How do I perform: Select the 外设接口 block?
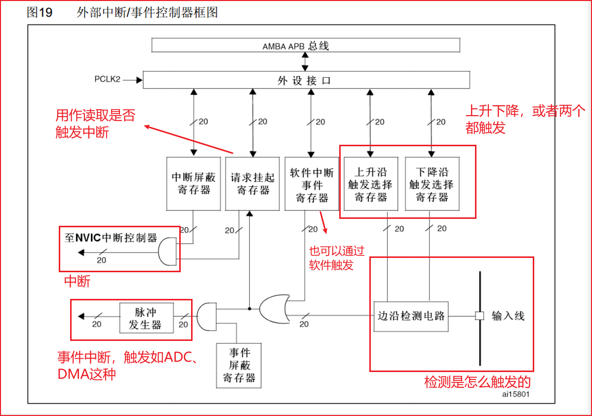(x=306, y=80)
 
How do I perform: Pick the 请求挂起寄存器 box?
(x=253, y=183)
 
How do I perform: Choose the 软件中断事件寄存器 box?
(x=312, y=183)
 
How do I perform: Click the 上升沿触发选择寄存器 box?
(x=370, y=184)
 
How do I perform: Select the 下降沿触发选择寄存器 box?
(x=431, y=184)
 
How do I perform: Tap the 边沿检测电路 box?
(x=411, y=315)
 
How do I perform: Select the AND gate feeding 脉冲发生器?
(x=205, y=317)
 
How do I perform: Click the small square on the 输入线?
(x=478, y=316)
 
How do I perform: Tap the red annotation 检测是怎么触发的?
(x=477, y=382)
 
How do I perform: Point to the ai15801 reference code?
(x=516, y=394)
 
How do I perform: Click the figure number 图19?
(x=39, y=12)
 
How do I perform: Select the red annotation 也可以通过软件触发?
(x=336, y=258)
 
